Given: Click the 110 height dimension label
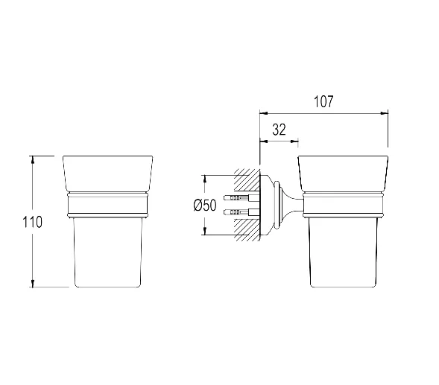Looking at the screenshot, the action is point(32,223).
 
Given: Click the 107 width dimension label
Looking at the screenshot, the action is point(323,101).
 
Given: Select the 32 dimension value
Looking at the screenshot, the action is point(279,130).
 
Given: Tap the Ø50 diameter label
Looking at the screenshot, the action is point(205,205).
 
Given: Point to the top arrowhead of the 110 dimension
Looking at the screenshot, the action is point(33,160).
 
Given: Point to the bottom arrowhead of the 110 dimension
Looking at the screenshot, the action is point(33,283).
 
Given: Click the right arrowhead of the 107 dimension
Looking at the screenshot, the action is point(384,113).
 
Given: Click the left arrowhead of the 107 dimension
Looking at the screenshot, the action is point(264,113).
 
